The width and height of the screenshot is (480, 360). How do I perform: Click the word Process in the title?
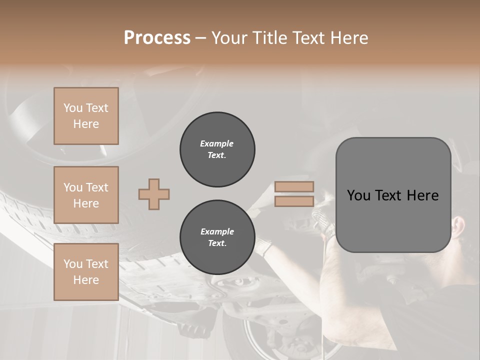point(157,38)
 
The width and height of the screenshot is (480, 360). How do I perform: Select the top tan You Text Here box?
point(86,116)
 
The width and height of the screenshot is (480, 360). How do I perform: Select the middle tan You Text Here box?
point(86,195)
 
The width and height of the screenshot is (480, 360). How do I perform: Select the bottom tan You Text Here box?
point(86,271)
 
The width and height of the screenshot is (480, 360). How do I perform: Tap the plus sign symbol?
point(154,194)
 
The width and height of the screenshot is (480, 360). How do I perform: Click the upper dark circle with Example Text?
point(217,149)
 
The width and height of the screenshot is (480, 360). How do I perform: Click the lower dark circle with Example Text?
point(217,237)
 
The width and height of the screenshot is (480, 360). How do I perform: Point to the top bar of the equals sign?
point(294,186)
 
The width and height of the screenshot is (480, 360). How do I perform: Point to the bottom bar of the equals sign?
point(294,201)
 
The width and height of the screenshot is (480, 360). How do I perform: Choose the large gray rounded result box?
point(393,195)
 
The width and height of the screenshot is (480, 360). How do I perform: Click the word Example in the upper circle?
point(217,143)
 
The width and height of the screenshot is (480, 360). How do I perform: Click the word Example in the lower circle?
point(217,231)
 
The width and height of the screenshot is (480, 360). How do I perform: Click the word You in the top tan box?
point(73,108)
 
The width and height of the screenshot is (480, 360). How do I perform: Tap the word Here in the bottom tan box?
point(86,280)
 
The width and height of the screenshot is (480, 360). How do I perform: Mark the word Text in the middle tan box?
point(96,187)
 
